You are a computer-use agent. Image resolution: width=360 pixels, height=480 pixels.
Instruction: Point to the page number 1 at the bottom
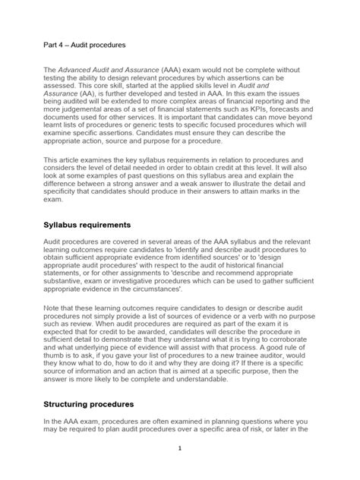click(179, 469)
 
